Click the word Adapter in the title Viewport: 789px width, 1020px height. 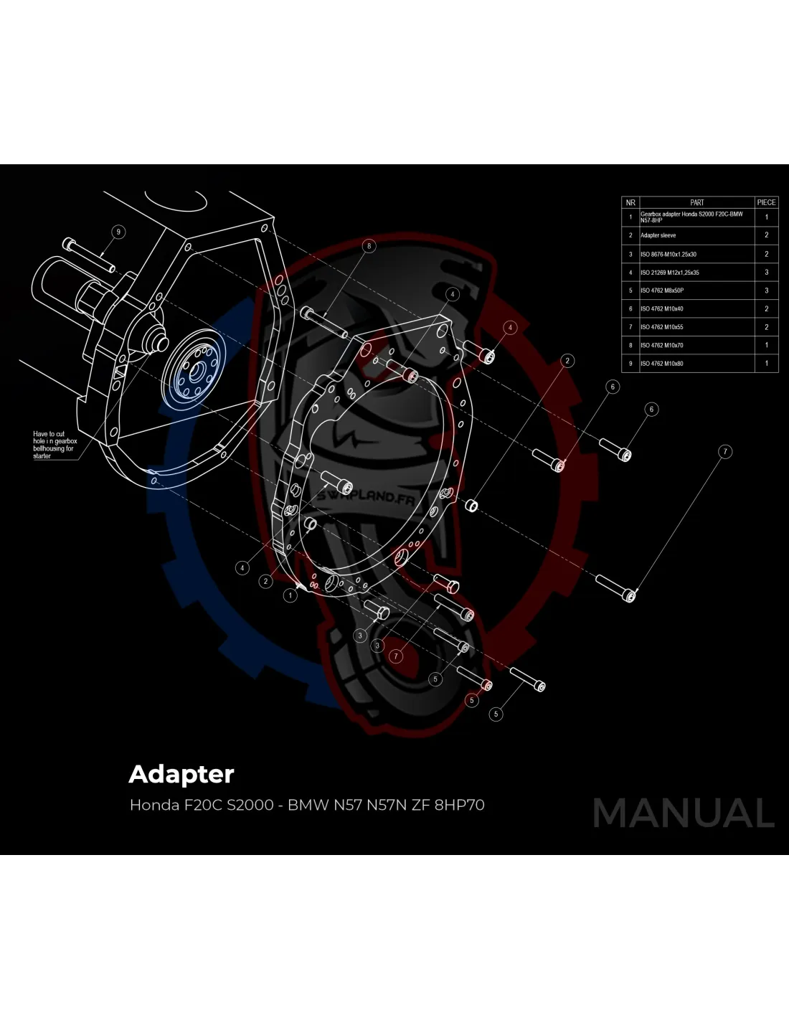click(x=181, y=774)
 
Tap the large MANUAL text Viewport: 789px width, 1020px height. click(x=684, y=813)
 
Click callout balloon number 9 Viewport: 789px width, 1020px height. click(x=119, y=232)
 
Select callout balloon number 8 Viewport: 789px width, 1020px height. click(x=369, y=246)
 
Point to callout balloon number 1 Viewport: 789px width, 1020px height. click(x=290, y=595)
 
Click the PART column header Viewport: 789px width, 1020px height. click(x=696, y=202)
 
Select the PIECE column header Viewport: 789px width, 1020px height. click(x=766, y=202)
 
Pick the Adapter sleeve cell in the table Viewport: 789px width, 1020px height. click(x=658, y=235)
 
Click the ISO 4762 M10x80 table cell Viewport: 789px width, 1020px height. click(x=661, y=364)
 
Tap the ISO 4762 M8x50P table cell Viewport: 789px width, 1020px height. click(x=661, y=291)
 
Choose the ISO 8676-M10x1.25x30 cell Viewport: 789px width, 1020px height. click(x=668, y=254)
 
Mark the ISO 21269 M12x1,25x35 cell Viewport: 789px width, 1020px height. click(x=669, y=273)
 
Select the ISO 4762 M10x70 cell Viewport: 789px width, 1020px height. click(x=661, y=345)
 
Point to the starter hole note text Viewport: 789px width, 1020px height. click(x=53, y=445)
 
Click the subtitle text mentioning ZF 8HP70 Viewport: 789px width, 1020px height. click(x=307, y=805)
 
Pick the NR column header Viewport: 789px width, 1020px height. click(x=630, y=202)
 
